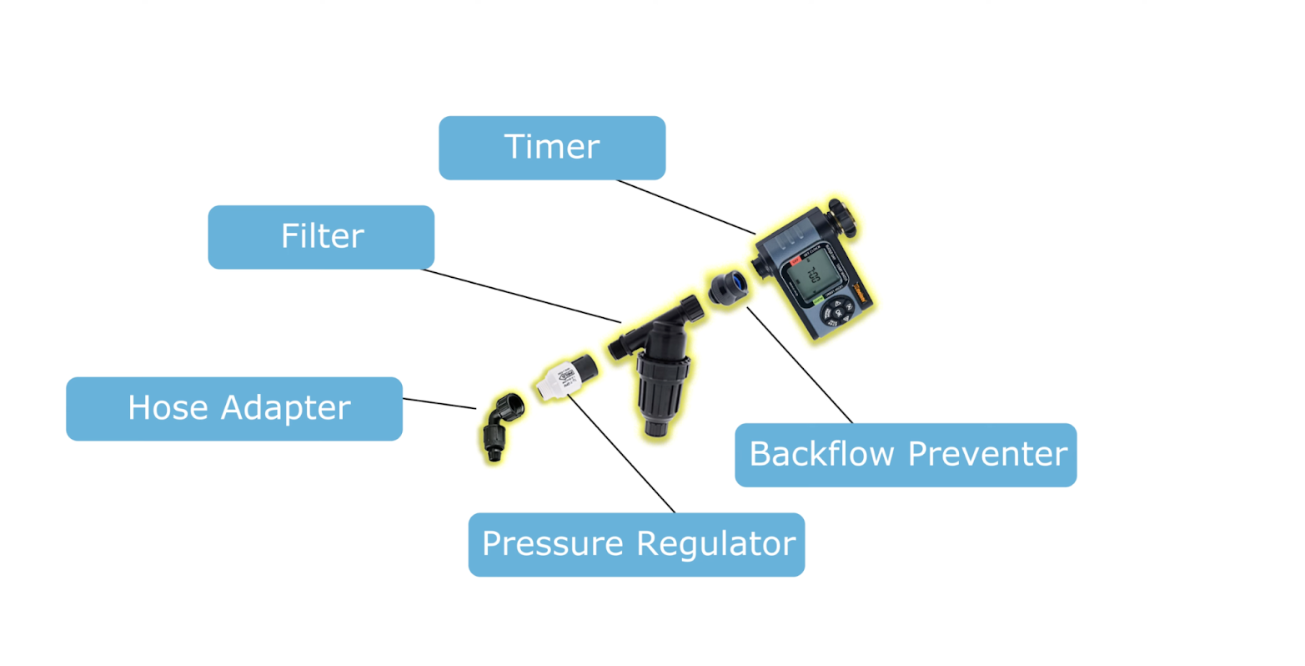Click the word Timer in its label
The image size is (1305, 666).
click(551, 147)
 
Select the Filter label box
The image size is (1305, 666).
click(321, 237)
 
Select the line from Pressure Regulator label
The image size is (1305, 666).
click(621, 455)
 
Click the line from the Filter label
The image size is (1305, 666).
click(521, 295)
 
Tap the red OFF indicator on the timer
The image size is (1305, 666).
click(796, 260)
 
